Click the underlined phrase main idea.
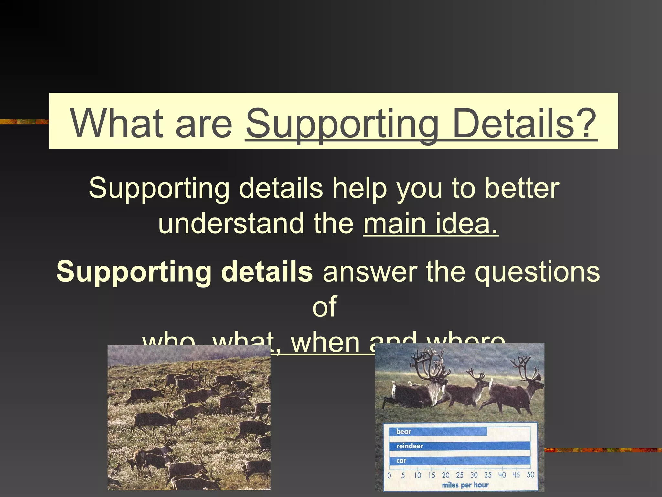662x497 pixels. [431, 223]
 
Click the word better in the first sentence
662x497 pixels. [522, 188]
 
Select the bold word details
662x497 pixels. [267, 271]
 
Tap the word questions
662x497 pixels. [537, 271]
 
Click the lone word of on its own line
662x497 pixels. [324, 306]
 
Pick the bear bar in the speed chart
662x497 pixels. [438, 432]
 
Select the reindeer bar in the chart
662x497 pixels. [459, 446]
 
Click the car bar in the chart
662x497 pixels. [459, 460]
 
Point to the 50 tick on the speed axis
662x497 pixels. [530, 475]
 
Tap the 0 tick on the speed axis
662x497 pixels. [389, 475]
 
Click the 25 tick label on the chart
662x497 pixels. [460, 475]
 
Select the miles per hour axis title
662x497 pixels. [465, 485]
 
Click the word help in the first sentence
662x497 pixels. [359, 188]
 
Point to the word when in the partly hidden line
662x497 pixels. [326, 344]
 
